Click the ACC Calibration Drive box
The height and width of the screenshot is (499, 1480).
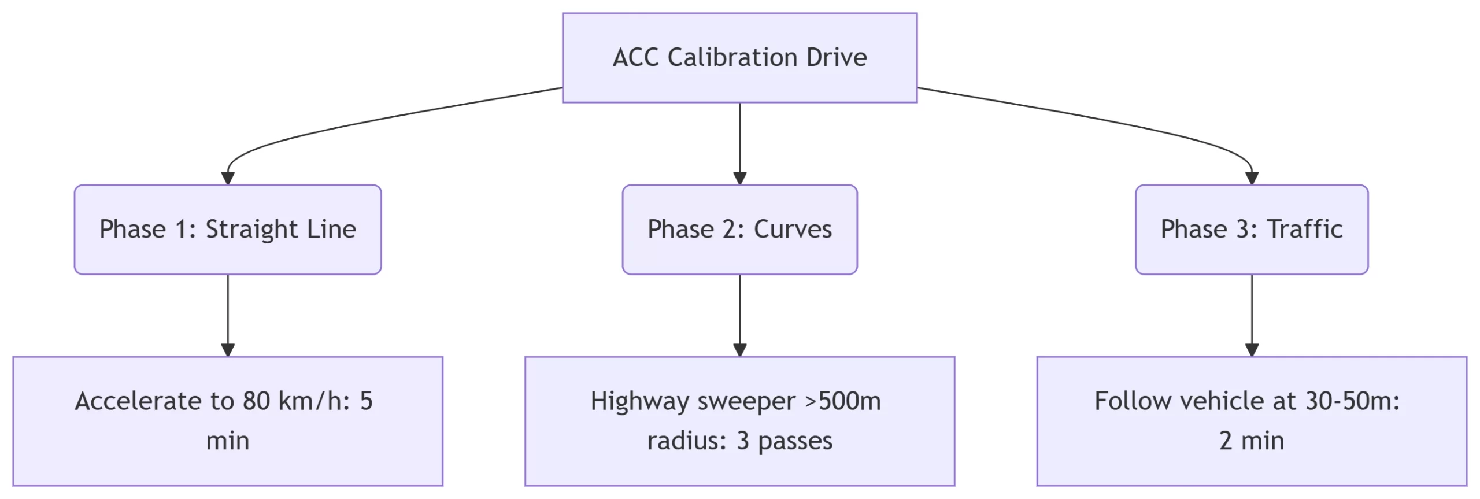[739, 58]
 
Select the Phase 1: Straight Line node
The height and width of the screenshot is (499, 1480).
[228, 230]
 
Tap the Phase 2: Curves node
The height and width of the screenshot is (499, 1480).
[739, 230]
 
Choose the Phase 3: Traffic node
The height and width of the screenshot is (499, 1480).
[1252, 230]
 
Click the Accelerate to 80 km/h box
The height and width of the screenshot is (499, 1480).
[228, 421]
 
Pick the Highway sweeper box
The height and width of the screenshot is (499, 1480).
[739, 421]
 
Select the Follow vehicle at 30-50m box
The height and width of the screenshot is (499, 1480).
[1252, 421]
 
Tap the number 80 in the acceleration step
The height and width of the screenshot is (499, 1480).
[256, 401]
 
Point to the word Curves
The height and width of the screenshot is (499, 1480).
[793, 230]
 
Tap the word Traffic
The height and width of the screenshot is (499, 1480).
[1305, 230]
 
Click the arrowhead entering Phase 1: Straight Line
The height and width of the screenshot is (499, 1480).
[228, 178]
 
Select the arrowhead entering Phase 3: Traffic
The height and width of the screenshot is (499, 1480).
[1252, 178]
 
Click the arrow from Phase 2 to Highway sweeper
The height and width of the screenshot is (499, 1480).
[739, 315]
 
